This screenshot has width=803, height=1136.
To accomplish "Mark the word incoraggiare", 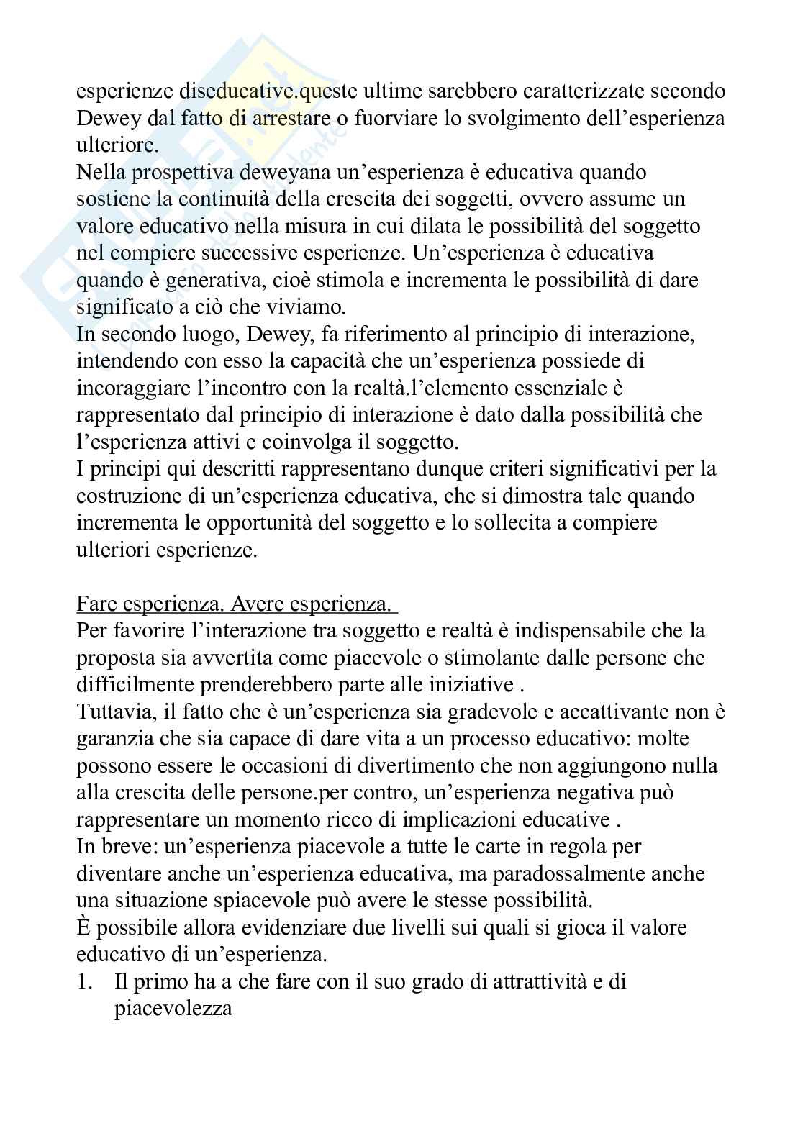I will pos(137,388).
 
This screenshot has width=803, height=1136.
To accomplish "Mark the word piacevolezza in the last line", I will pos(173,1009).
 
